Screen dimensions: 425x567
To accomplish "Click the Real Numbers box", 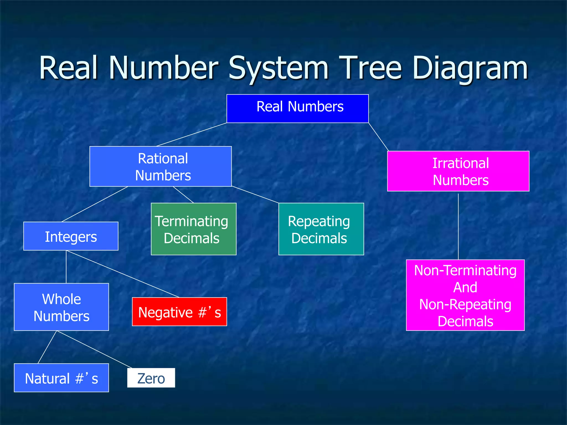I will tap(297, 108).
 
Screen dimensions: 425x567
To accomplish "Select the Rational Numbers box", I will tap(161, 166).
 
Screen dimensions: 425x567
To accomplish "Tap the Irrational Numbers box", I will tap(458, 171).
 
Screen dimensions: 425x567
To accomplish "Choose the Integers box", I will tap(71, 236).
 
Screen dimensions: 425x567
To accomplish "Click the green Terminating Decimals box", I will tap(194, 229).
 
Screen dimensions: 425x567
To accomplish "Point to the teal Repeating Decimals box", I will tap(321, 229).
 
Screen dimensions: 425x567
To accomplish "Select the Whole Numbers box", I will tap(61, 307).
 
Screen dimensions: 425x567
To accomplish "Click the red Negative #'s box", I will tap(179, 312).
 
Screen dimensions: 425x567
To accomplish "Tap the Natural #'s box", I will tap(61, 378).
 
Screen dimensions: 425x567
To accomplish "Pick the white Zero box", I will tap(151, 378).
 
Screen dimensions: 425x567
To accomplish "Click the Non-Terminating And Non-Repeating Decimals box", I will tap(465, 295).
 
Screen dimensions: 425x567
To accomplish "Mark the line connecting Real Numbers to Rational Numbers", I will tap(192, 134).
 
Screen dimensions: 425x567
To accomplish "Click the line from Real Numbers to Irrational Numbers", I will tap(378, 137).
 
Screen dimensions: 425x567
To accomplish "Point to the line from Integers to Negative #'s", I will tap(123, 274).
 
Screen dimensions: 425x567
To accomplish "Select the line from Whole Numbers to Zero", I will tap(94, 349).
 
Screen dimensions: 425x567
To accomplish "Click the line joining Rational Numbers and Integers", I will tap(95, 204).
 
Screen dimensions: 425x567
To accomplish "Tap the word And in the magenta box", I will tap(465, 287).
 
